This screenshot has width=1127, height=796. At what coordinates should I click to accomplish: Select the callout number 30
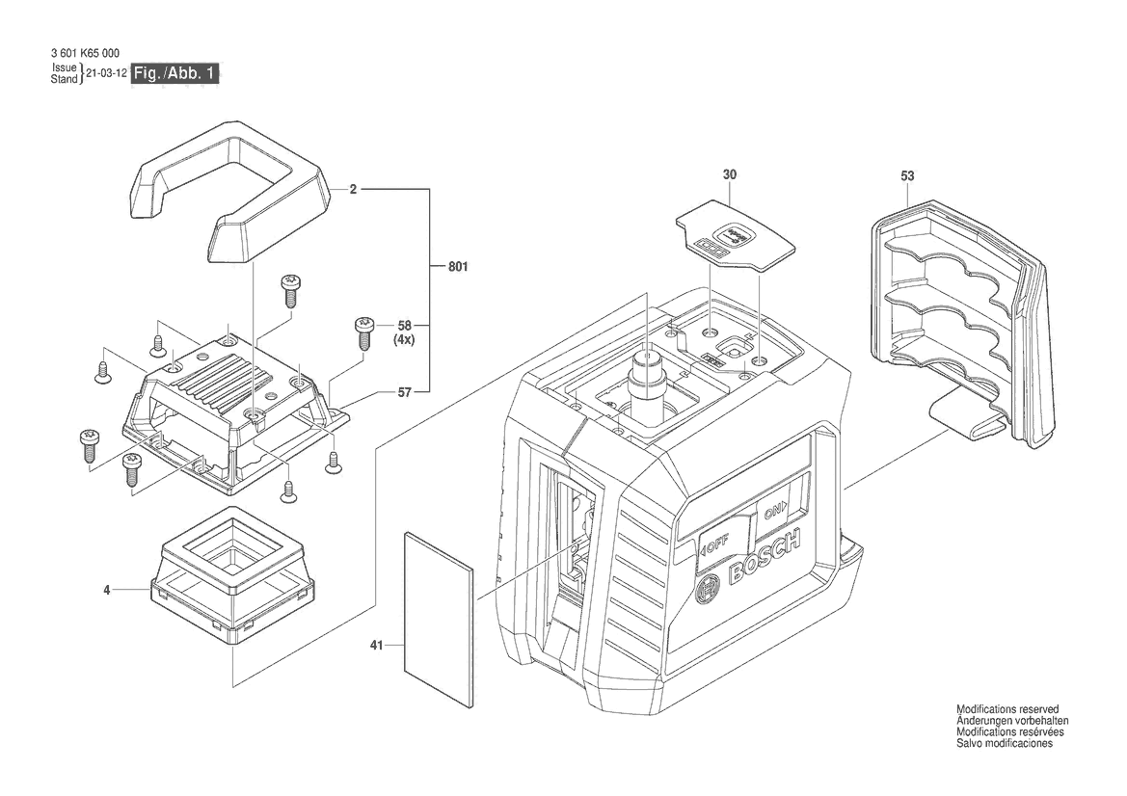pyautogui.click(x=729, y=175)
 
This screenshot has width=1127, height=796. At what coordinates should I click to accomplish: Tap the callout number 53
pyautogui.click(x=907, y=176)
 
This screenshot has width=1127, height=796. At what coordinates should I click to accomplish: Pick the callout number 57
pyautogui.click(x=406, y=392)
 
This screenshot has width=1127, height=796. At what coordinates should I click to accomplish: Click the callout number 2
pyautogui.click(x=354, y=191)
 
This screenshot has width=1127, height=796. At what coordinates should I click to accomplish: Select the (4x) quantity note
pyautogui.click(x=403, y=341)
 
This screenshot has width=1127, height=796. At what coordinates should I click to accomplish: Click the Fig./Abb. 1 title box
pyautogui.click(x=175, y=73)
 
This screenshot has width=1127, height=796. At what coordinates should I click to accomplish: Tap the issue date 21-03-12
pyautogui.click(x=105, y=73)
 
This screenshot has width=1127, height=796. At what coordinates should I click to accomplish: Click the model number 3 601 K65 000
pyautogui.click(x=84, y=54)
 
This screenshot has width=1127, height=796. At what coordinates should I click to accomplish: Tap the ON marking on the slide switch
pyautogui.click(x=774, y=512)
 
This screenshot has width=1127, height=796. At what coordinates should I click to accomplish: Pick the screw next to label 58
pyautogui.click(x=365, y=332)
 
